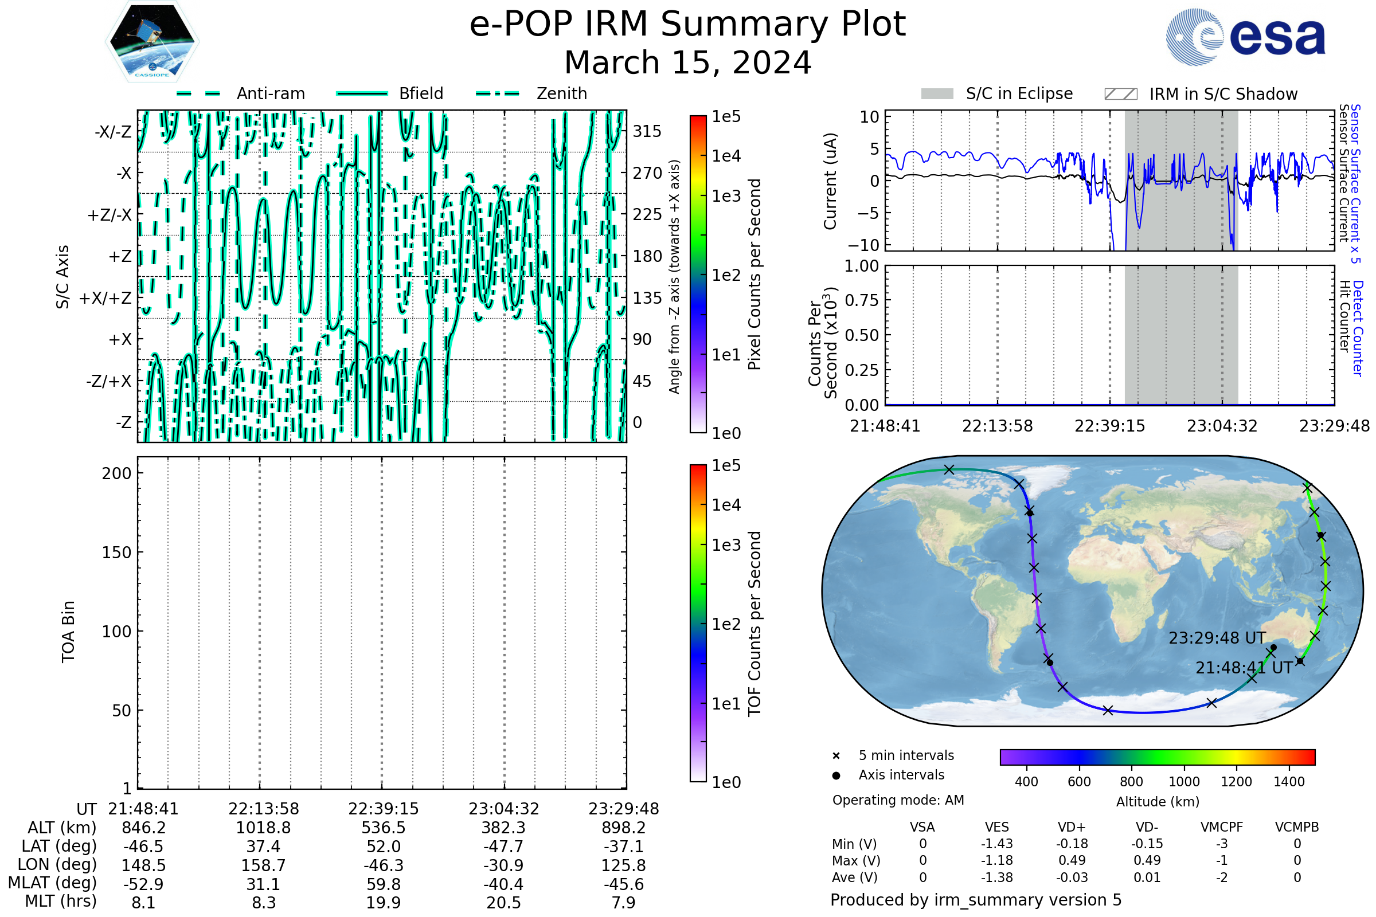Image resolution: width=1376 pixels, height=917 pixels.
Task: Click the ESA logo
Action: [1245, 36]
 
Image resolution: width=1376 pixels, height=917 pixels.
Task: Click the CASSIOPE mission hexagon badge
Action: [152, 41]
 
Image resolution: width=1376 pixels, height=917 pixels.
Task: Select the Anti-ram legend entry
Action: [240, 93]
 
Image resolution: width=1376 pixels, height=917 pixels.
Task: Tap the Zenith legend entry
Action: [531, 93]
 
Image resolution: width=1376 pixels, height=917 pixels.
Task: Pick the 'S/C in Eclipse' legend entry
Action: [997, 93]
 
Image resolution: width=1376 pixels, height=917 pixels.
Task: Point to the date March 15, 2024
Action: [688, 62]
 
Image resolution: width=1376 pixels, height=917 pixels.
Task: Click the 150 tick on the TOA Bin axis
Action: [117, 552]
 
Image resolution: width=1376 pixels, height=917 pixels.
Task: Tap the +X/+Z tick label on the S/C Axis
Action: [105, 298]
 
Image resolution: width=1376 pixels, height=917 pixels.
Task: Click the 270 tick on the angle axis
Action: [647, 173]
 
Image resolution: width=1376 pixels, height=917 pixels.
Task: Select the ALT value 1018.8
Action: [264, 828]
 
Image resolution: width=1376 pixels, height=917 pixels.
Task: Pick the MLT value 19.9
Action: [384, 902]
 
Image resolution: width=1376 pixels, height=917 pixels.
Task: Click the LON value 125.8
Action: [624, 865]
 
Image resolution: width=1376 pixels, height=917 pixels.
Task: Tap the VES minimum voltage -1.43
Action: [997, 844]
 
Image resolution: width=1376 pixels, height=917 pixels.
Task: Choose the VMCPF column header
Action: [1222, 827]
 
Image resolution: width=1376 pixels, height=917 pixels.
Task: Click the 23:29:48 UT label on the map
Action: [1217, 638]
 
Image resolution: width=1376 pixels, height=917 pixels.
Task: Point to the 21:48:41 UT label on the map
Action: [1244, 668]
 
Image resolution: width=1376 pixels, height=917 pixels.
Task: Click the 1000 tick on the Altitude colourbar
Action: [1184, 782]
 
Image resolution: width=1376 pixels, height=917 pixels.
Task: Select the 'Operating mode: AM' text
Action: [898, 800]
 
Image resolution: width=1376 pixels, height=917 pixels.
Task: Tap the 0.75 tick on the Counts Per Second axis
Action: [862, 300]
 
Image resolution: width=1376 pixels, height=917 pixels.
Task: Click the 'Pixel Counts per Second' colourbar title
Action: [755, 275]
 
